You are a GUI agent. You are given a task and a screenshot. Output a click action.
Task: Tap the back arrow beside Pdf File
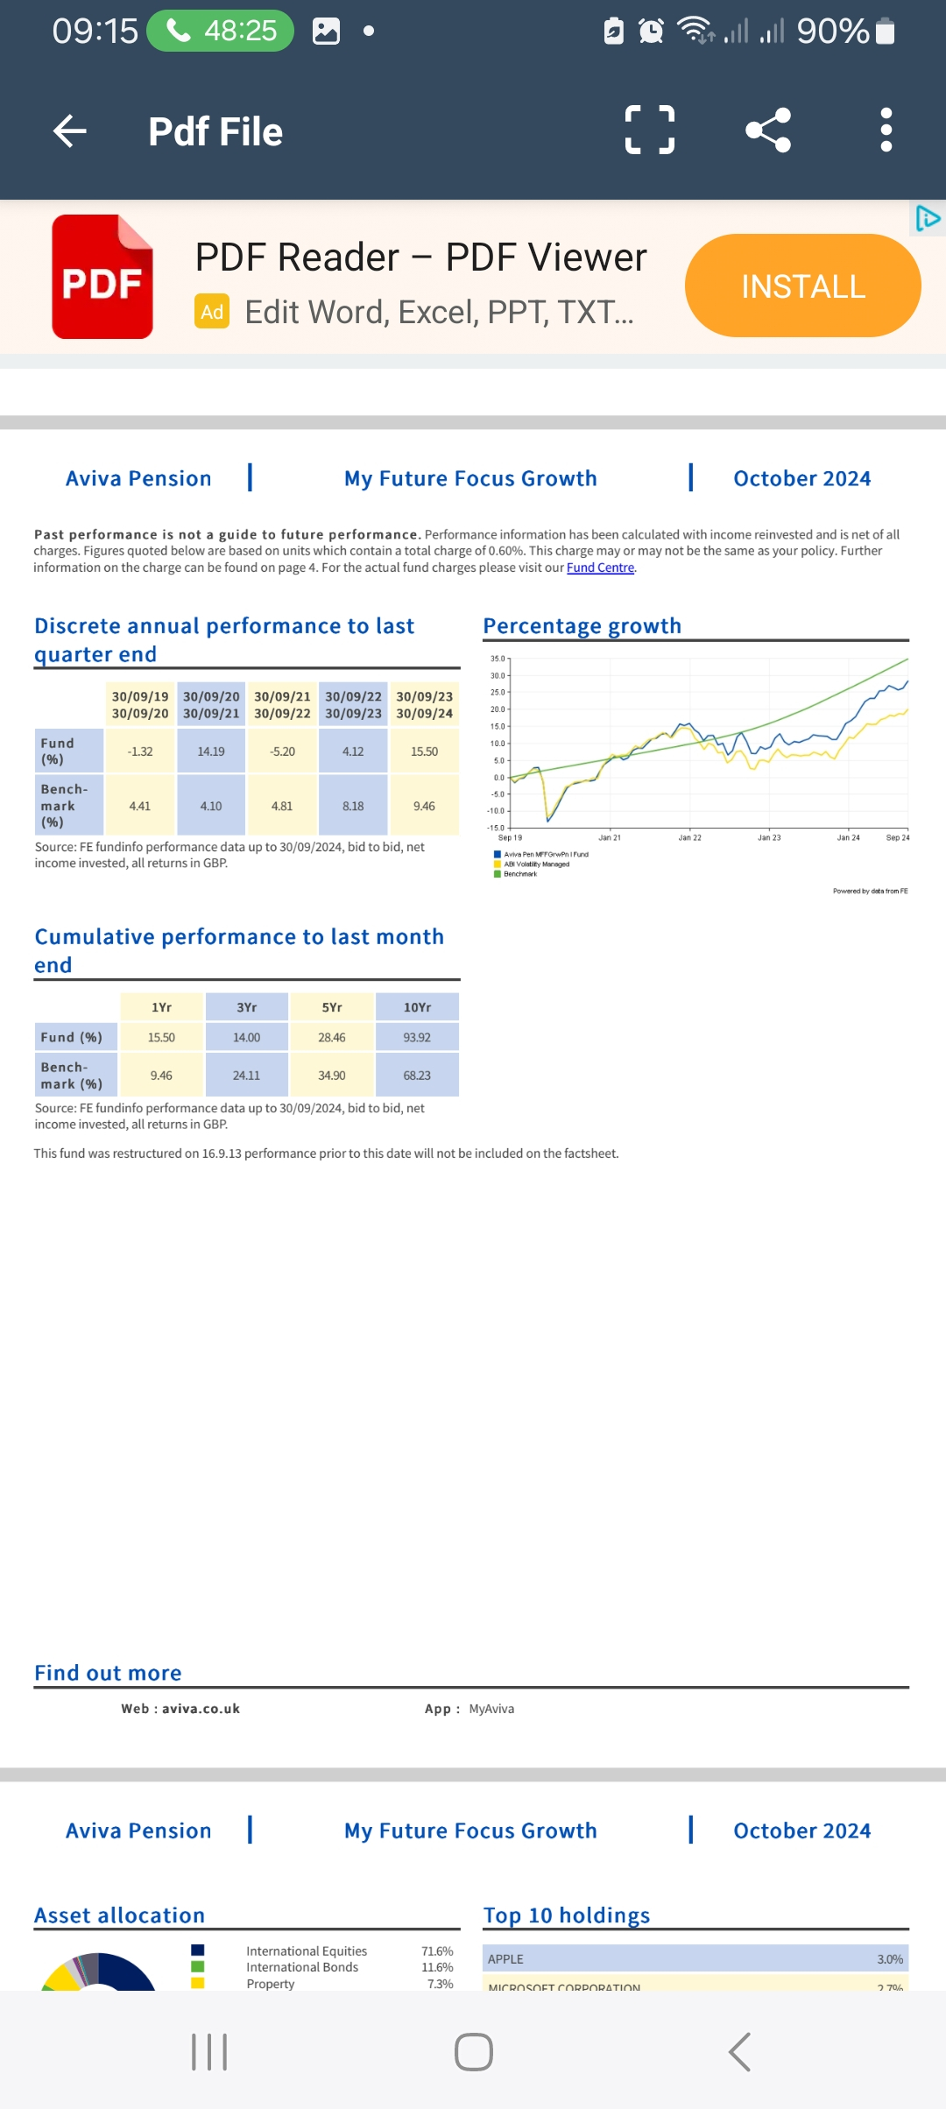click(70, 131)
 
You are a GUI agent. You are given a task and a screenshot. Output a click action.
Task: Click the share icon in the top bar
click(768, 130)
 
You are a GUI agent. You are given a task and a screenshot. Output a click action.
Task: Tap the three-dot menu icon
click(886, 130)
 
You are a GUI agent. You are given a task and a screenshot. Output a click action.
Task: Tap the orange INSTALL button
click(802, 286)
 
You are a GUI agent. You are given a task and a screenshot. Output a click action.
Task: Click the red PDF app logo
click(102, 277)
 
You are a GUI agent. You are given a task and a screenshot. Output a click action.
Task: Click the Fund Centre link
click(600, 568)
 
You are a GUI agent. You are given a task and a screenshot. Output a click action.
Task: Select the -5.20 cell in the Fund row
click(282, 751)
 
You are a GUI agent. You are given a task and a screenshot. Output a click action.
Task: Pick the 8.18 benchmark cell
click(353, 806)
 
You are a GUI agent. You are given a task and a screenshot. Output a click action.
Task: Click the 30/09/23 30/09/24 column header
click(424, 705)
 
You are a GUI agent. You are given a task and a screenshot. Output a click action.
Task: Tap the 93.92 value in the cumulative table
click(417, 1037)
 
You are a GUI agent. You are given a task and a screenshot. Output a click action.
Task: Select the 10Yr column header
click(417, 1007)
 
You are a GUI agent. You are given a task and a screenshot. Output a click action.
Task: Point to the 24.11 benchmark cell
click(246, 1076)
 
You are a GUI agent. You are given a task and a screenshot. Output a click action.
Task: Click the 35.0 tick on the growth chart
click(498, 659)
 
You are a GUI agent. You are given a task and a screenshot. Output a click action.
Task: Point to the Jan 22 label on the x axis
click(689, 838)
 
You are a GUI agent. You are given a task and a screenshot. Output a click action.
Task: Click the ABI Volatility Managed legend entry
click(536, 864)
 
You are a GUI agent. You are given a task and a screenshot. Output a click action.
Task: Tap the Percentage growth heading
click(582, 626)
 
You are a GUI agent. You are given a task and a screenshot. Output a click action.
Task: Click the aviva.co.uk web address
click(201, 1709)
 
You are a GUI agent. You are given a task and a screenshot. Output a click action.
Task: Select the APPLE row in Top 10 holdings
click(695, 1959)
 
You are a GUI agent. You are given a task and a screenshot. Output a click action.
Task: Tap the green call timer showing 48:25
click(221, 31)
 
